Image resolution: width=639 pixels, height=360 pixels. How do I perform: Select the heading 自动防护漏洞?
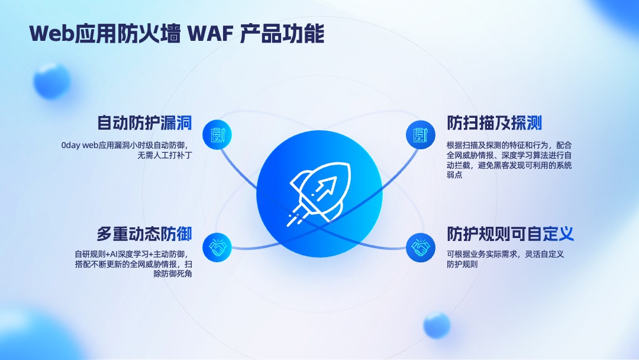[144, 123]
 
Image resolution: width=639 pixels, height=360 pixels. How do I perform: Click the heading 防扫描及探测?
[494, 123]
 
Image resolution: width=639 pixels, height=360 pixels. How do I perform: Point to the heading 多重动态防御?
[144, 234]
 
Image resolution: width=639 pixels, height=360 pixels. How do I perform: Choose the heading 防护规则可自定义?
[510, 234]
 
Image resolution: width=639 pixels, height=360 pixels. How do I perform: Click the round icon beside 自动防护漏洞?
[217, 135]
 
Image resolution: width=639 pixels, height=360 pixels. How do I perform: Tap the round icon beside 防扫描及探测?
[421, 135]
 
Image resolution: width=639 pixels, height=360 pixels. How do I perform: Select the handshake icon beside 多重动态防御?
[217, 247]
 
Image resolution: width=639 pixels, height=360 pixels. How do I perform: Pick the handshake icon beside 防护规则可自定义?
[421, 247]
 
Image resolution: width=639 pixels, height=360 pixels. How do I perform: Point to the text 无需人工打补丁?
[164, 155]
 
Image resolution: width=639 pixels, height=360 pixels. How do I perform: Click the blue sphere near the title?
[51, 81]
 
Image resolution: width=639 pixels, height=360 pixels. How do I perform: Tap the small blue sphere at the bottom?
[437, 325]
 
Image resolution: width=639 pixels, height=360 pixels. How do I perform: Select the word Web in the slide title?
[51, 33]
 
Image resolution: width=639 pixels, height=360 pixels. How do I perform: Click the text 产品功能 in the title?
[282, 33]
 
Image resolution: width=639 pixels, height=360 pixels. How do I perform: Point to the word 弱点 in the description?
[455, 175]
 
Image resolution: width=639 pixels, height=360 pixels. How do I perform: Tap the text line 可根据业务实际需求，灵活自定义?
[505, 254]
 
